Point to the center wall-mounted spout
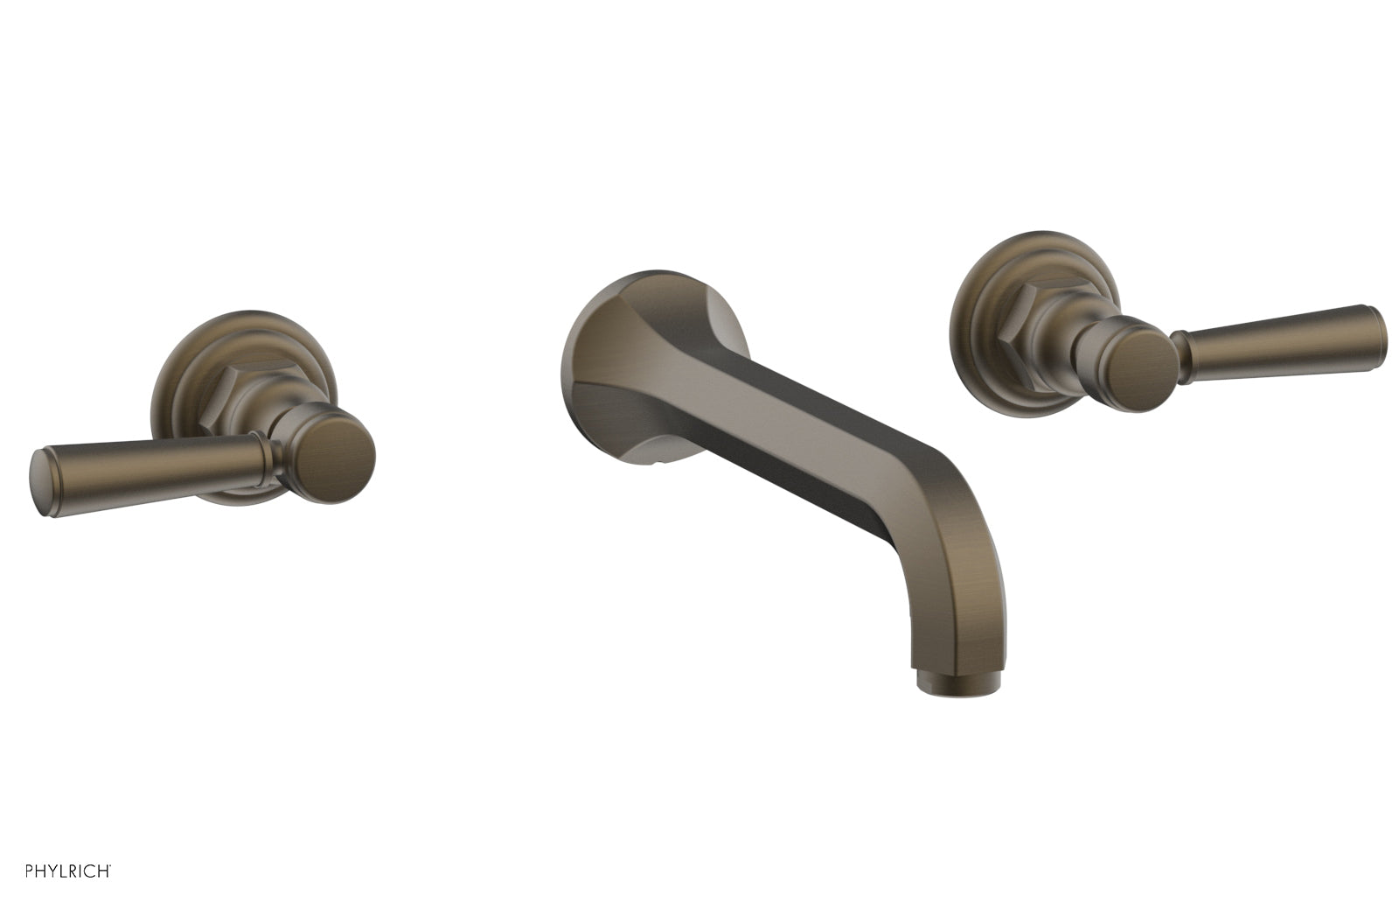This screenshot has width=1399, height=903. point(787,464)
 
